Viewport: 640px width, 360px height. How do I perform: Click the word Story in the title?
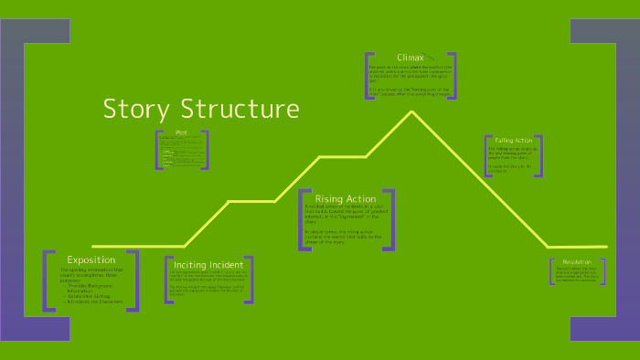point(133,109)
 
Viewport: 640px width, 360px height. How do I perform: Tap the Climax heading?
point(411,58)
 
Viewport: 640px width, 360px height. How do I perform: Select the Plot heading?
point(181,133)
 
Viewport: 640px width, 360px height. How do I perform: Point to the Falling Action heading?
point(513,140)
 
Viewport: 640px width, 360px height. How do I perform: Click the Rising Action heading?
point(346,198)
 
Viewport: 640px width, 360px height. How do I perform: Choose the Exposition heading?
point(91,259)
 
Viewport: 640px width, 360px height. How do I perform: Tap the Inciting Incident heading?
point(208,265)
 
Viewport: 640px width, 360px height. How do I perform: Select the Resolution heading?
point(578,262)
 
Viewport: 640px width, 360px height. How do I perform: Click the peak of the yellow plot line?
point(412,111)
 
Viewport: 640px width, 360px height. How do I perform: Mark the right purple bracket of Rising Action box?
point(391,219)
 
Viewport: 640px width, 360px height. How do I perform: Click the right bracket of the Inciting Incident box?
point(250,280)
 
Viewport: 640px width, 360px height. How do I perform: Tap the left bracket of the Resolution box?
point(552,271)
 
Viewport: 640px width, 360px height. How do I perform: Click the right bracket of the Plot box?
point(206,150)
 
